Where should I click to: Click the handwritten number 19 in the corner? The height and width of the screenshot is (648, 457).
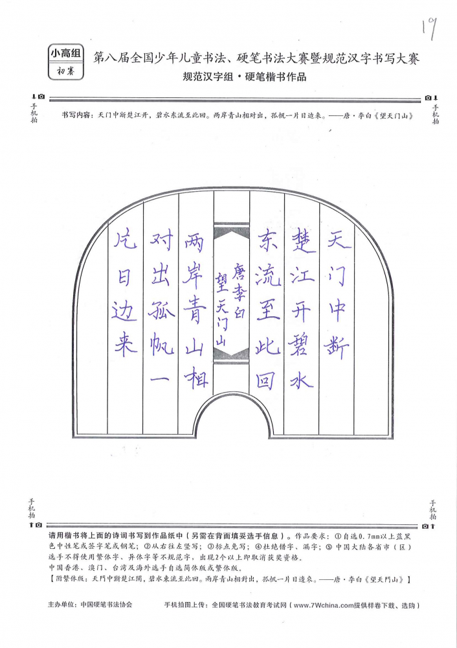tap(429, 29)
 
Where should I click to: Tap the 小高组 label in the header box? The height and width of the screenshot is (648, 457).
tap(66, 53)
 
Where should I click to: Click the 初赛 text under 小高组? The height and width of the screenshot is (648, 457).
tap(65, 71)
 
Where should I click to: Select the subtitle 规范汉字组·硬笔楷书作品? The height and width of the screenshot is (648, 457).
tap(245, 77)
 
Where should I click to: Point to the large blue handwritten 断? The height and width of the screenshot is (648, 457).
tap(337, 347)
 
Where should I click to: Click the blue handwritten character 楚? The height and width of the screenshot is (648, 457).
tap(304, 241)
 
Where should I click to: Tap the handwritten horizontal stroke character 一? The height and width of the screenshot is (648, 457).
tap(160, 379)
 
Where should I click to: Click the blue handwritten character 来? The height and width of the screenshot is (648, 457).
tap(126, 345)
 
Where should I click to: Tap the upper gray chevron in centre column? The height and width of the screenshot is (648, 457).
tap(231, 231)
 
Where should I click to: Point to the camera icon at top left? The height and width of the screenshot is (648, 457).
tap(41, 97)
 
